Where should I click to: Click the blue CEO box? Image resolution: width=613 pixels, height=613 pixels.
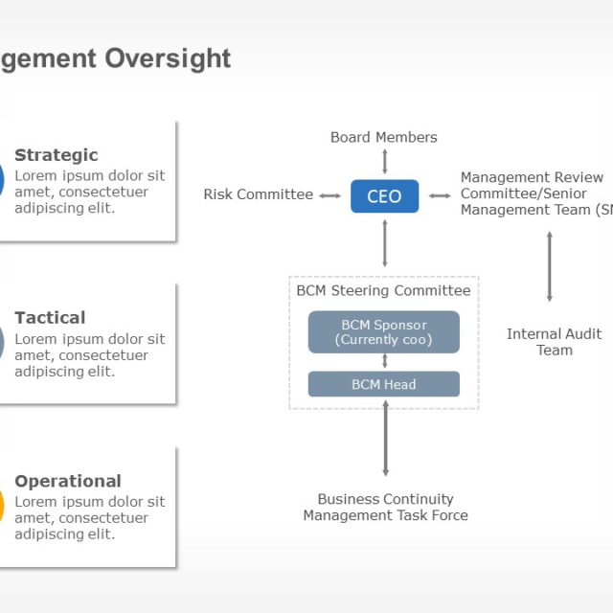[384, 196]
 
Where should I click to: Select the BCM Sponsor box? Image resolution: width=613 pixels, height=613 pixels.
[383, 331]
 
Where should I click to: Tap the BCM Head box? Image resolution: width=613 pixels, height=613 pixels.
[383, 384]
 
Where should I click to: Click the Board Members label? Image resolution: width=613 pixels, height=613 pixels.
[383, 137]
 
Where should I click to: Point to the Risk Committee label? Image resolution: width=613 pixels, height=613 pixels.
[258, 194]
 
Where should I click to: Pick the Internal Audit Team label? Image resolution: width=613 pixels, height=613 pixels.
[554, 342]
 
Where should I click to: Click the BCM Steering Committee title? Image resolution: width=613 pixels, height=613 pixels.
[383, 290]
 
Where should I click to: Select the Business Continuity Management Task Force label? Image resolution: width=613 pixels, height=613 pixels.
[385, 507]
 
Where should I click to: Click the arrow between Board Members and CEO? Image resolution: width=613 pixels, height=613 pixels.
[384, 161]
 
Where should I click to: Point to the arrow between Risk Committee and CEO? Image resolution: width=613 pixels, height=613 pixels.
[329, 195]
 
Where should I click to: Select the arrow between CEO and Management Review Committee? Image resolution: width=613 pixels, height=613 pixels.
[440, 195]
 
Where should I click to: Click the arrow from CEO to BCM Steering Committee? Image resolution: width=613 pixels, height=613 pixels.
[384, 243]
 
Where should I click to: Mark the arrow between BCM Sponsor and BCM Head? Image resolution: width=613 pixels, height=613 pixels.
[384, 361]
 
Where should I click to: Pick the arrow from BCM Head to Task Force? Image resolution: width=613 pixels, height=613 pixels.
[385, 437]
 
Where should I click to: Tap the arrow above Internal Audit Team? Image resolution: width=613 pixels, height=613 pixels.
[549, 266]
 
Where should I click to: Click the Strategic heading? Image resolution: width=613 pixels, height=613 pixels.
[57, 155]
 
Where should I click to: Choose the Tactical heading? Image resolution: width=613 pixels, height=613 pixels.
[50, 317]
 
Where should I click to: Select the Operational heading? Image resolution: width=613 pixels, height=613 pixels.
[68, 481]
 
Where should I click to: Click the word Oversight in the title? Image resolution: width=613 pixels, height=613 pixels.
[169, 58]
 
